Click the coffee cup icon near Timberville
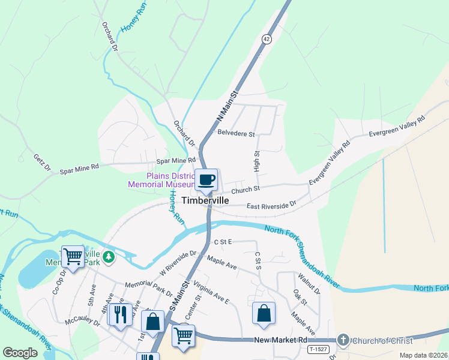tap(206, 180)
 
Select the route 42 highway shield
tap(266, 38)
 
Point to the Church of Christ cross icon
tap(343, 340)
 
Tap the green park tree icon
tap(109, 257)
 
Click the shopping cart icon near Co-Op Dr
tap(73, 257)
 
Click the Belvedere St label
tap(237, 133)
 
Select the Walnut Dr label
tap(309, 284)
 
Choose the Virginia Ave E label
tap(211, 291)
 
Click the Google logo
tap(20, 353)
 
